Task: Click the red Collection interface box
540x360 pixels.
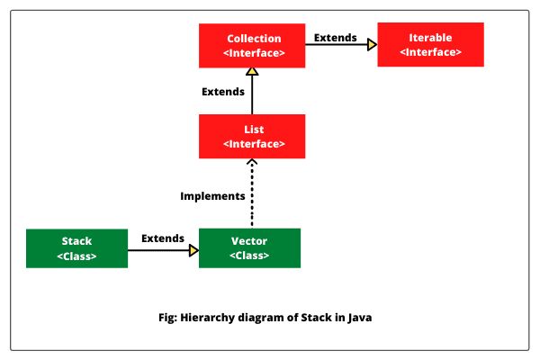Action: tap(253, 45)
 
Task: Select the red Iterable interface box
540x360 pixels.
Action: tap(430, 45)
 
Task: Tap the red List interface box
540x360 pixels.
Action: tap(253, 136)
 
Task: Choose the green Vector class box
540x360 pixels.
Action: tap(248, 247)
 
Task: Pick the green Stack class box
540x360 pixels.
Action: tap(76, 248)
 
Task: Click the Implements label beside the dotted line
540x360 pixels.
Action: tap(212, 195)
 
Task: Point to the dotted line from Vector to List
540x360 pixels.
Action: tap(253, 193)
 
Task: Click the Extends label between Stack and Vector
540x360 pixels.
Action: tap(162, 238)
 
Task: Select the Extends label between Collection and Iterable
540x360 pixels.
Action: tap(335, 38)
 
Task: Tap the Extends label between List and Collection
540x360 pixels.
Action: tap(222, 92)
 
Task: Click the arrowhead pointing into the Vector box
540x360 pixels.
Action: tap(193, 252)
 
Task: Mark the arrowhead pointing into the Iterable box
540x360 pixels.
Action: tap(371, 45)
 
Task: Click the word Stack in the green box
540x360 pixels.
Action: tap(76, 241)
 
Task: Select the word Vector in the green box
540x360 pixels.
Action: tap(248, 241)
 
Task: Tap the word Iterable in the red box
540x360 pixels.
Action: tap(430, 38)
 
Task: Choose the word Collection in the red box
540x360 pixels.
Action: tap(253, 39)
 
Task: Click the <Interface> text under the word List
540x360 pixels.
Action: tap(253, 144)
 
